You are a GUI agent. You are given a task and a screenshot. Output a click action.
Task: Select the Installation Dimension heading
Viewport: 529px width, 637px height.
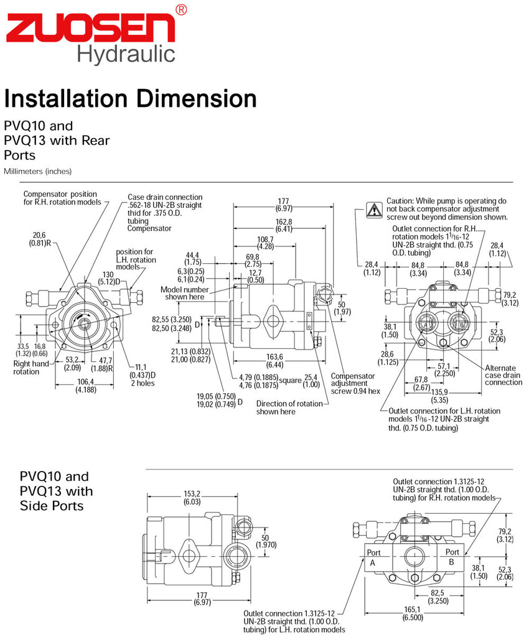[x=130, y=98]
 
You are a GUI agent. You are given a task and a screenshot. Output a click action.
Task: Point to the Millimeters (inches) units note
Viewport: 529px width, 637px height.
[x=37, y=171]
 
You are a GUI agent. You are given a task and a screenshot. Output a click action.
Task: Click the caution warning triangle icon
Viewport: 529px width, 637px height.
[x=373, y=210]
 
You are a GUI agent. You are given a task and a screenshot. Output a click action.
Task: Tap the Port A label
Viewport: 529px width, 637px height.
[x=373, y=557]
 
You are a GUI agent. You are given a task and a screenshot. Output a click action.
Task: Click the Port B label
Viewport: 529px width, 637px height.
[x=452, y=557]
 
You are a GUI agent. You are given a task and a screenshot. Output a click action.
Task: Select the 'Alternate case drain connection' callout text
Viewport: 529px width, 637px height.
[x=503, y=375]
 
